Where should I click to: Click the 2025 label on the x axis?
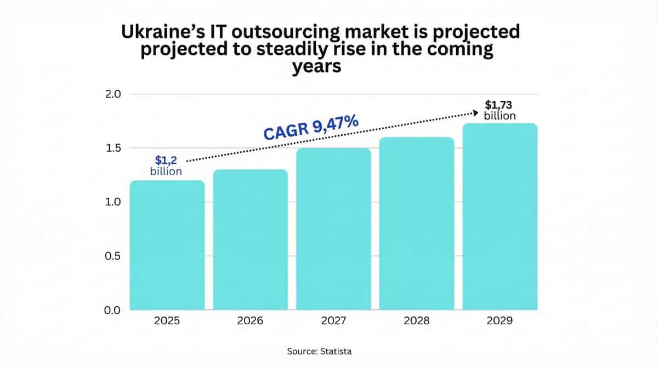click(167, 321)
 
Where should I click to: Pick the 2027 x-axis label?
click(333, 321)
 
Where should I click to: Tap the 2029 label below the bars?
click(500, 321)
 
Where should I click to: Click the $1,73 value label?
click(500, 105)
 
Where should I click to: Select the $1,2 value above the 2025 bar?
click(166, 160)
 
